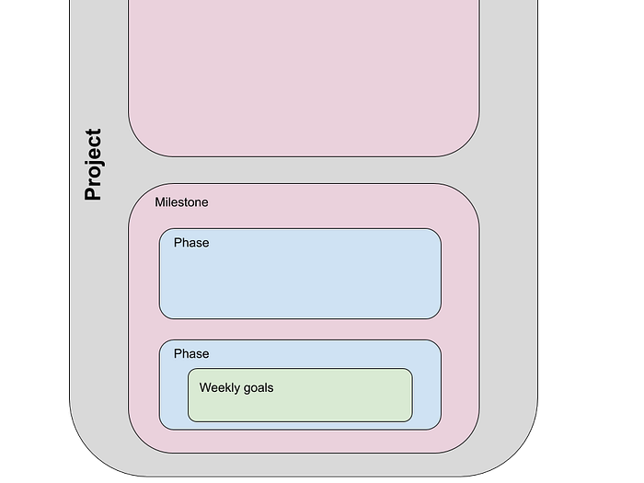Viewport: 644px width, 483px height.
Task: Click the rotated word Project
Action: click(x=92, y=165)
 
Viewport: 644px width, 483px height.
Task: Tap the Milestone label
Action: click(x=181, y=202)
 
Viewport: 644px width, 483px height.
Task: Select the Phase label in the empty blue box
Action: click(x=191, y=243)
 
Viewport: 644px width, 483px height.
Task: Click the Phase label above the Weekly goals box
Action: click(x=191, y=354)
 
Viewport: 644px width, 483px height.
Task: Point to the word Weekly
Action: click(x=219, y=388)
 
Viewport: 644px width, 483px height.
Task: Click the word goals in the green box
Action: click(x=258, y=388)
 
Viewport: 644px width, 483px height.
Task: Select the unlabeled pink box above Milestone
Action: click(x=304, y=74)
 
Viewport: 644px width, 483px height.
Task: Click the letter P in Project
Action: click(x=92, y=193)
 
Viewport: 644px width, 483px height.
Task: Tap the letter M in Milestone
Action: click(x=160, y=202)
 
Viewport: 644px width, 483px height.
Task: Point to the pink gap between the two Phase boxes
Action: click(x=300, y=329)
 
